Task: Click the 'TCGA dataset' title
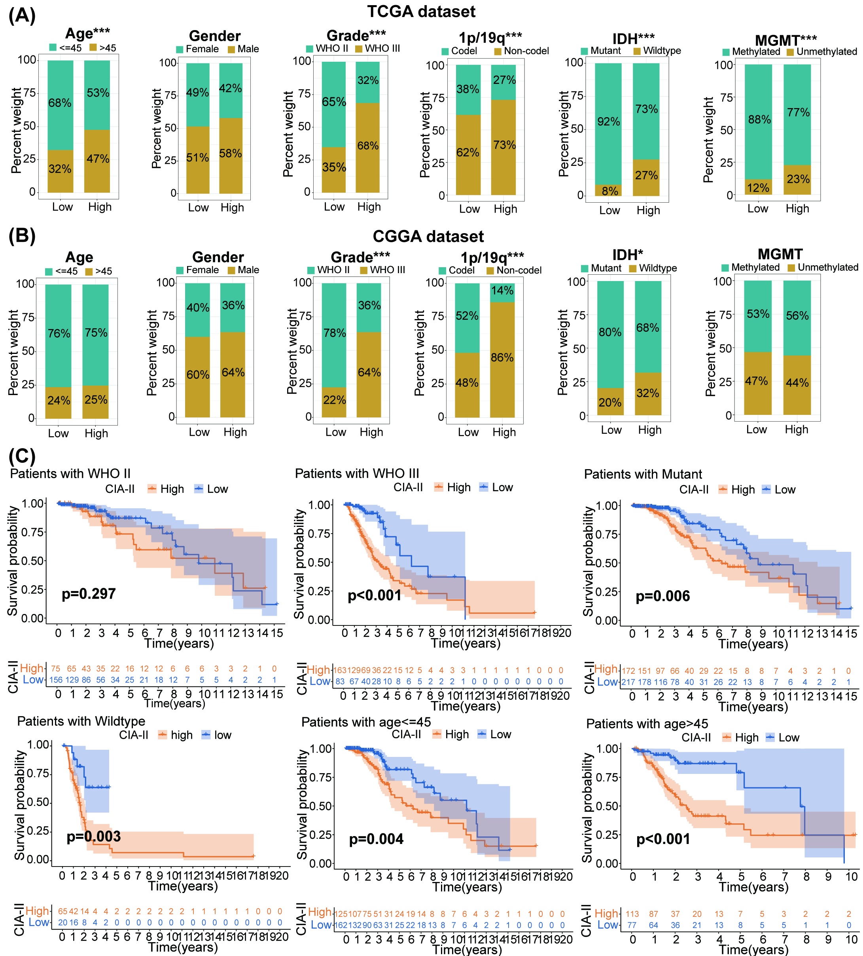point(421,11)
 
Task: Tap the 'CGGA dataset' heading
point(428,236)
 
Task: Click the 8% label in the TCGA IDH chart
point(609,191)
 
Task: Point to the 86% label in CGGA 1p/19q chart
point(502,357)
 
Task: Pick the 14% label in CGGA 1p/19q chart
point(502,290)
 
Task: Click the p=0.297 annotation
point(89,594)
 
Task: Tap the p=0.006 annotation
point(662,596)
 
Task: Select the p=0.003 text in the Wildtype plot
point(93,836)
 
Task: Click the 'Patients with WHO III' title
point(357,473)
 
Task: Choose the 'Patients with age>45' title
point(647,724)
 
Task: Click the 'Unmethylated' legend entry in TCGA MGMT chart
point(826,52)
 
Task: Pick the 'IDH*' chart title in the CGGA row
point(627,255)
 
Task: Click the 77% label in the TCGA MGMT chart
point(798,112)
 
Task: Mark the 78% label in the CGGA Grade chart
point(334,333)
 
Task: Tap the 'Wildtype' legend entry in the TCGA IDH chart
point(662,51)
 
